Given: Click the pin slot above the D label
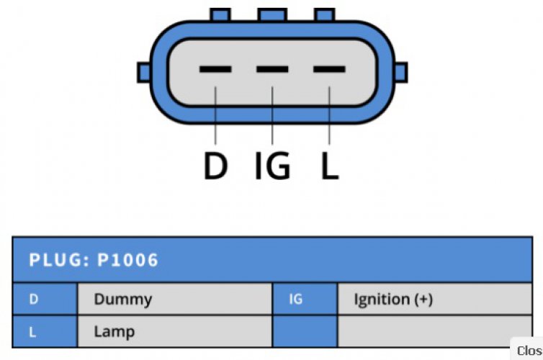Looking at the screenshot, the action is (215, 69).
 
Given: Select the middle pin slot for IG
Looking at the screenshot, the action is (272, 69).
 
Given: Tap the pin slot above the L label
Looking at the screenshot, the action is (329, 69).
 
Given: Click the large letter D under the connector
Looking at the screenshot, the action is (215, 166).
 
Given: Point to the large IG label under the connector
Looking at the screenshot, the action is (272, 166).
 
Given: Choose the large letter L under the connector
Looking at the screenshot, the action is (330, 166).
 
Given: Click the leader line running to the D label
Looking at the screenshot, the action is (215, 115).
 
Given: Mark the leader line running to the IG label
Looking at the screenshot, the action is (272, 115).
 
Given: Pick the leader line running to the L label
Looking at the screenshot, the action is (329, 115).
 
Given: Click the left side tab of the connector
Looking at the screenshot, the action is (144, 72).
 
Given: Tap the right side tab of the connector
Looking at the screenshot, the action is (401, 72).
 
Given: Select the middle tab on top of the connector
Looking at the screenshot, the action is (272, 15).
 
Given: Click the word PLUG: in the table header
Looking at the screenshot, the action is (59, 260).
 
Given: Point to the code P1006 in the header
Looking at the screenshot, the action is (127, 260).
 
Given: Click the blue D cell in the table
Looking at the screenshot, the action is (45, 299).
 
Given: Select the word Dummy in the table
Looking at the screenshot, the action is (123, 300).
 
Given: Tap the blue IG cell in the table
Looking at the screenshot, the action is (305, 299).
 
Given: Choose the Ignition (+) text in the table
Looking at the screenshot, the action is (393, 300).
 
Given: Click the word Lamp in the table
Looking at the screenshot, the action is (115, 332).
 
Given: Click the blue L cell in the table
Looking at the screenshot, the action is (45, 331).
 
